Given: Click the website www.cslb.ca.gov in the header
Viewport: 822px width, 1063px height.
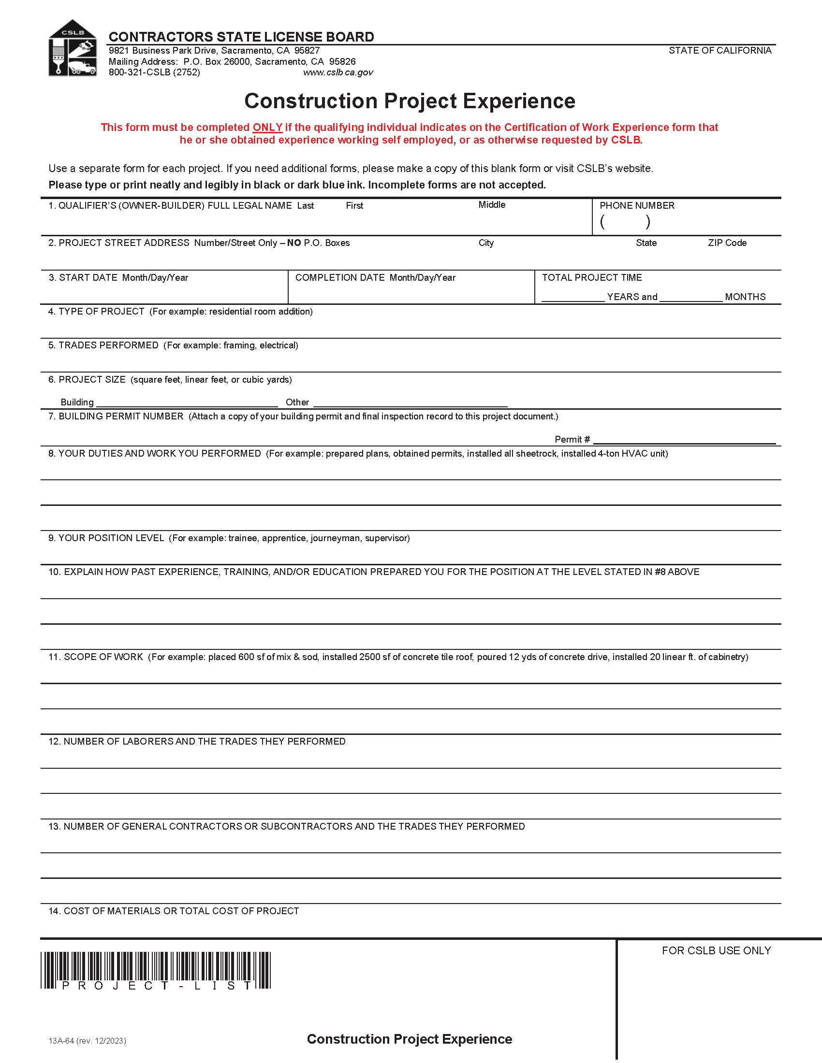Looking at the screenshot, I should coord(338,72).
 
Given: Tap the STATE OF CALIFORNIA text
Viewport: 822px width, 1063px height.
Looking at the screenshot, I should coord(719,51).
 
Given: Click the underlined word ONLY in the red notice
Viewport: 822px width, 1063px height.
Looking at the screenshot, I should coord(267,128).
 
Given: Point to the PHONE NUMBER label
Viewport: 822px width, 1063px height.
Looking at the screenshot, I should coord(636,205).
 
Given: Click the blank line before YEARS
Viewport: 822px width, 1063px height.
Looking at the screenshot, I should coord(572,298).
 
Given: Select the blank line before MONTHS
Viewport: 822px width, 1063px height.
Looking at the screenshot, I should coord(690,298).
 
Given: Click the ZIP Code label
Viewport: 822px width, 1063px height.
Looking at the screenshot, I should coord(727,243).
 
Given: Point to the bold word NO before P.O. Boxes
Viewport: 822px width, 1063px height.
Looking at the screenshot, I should coord(294,243).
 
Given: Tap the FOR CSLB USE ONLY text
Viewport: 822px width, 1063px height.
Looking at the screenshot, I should coord(716,950).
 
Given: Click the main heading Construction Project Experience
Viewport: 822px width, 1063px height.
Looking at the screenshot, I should coord(410,101).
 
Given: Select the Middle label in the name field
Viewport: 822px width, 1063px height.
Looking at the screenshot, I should coord(491,205).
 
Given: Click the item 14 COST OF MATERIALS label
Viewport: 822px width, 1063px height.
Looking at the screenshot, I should coord(174,911).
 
